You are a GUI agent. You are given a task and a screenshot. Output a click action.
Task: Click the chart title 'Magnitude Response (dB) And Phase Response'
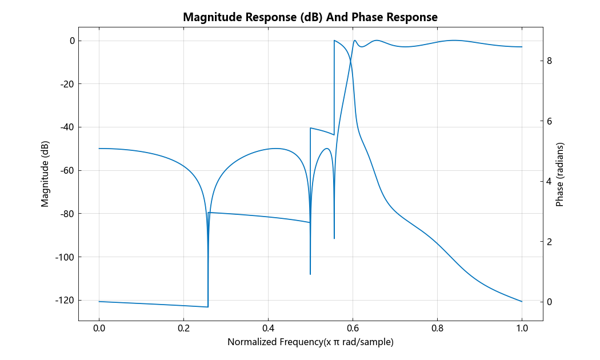point(310,17)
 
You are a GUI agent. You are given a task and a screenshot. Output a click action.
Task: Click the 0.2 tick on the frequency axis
point(183,329)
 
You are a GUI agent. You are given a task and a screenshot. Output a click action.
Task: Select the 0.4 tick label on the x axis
point(268,329)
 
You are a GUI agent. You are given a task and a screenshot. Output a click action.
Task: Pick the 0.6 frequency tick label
point(353,329)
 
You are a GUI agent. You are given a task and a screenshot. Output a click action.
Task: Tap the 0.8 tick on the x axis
point(437,329)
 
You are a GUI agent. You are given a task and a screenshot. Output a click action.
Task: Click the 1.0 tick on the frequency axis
point(522,329)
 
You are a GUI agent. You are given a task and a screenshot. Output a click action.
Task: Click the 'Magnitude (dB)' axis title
point(45,174)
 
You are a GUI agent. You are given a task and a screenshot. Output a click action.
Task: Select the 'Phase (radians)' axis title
point(560,174)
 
